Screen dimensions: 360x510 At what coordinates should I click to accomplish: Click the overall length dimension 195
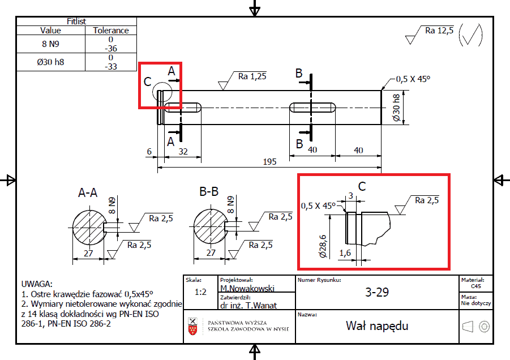(x=269, y=162)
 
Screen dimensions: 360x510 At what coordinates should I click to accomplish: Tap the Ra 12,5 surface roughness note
(x=439, y=31)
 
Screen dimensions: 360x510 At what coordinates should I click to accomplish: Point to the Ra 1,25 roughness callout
(x=252, y=76)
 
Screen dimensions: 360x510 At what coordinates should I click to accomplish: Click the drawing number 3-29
(x=377, y=293)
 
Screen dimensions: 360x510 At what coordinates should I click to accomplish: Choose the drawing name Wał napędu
(x=377, y=326)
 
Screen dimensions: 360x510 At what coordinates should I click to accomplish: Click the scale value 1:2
(x=200, y=293)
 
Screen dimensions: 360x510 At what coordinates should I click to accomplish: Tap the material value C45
(x=475, y=287)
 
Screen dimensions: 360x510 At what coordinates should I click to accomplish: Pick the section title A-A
(x=88, y=193)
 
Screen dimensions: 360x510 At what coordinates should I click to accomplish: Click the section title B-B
(x=209, y=192)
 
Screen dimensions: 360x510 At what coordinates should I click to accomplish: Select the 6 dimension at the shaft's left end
(x=149, y=152)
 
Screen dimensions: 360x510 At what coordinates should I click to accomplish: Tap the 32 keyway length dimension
(x=183, y=152)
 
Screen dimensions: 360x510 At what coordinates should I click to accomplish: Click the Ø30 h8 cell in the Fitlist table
(x=50, y=62)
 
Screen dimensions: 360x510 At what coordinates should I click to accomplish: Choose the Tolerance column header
(x=110, y=31)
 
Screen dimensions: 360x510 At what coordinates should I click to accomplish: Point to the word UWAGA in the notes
(x=37, y=284)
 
